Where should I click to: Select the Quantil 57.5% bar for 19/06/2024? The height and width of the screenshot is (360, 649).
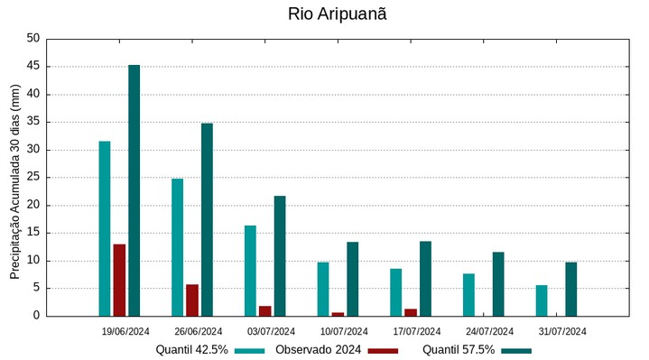pos(134,190)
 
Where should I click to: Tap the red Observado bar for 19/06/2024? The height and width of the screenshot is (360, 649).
pos(119,280)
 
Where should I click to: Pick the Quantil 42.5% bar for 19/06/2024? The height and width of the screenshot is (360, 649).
pos(105,228)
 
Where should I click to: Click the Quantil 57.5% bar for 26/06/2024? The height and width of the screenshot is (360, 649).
pos(207,219)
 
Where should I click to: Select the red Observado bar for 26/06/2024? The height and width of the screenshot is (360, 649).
pos(192,300)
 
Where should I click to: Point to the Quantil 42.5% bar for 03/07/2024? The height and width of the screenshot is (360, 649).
pos(250,271)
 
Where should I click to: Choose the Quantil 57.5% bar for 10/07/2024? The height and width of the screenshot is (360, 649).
pos(352,279)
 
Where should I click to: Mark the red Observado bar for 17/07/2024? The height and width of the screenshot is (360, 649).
pos(411,312)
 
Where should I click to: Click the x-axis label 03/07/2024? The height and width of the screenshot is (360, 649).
pos(271,331)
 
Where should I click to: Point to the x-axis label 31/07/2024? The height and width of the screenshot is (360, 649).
pos(562,331)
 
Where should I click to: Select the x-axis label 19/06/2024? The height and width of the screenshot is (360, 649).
pos(125,331)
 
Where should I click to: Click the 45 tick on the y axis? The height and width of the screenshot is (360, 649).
pos(33,66)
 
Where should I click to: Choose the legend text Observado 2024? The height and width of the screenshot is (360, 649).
pos(318,350)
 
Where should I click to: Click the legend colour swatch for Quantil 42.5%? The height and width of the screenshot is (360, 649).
pos(249,350)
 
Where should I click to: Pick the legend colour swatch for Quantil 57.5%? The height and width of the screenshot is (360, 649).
pos(516,350)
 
